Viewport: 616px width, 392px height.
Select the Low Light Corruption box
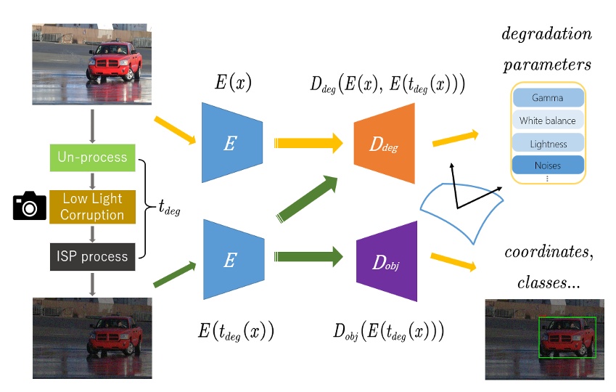click(91, 207)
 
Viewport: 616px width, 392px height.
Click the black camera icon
click(29, 205)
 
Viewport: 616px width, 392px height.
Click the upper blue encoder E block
click(231, 142)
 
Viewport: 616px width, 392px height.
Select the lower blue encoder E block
click(231, 260)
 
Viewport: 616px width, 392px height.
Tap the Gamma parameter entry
click(548, 98)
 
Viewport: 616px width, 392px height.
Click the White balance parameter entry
click(548, 121)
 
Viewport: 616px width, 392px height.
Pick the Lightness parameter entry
click(548, 143)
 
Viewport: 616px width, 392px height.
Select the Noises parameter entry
click(548, 165)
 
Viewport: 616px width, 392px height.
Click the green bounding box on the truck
click(567, 337)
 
